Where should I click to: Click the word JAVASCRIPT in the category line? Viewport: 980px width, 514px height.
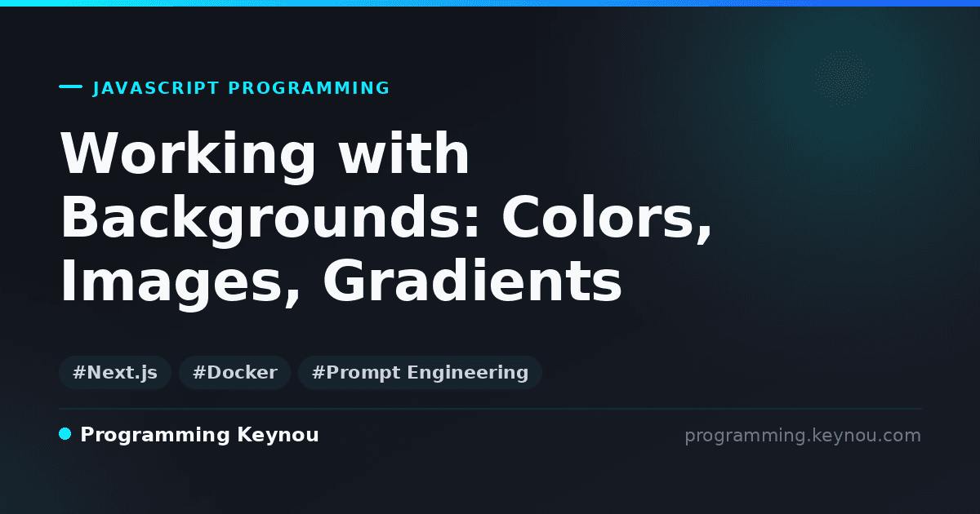[x=156, y=88]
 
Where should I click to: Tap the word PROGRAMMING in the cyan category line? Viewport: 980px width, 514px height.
[x=309, y=88]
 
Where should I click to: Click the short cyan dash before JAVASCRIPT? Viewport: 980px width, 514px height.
[x=70, y=86]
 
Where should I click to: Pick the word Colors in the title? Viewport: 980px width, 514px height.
[x=599, y=218]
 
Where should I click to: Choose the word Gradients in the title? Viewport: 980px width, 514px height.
[x=473, y=281]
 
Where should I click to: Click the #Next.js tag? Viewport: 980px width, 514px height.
[x=115, y=372]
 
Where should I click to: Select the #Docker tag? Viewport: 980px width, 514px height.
[x=235, y=372]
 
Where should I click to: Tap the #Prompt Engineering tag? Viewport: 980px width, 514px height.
[x=420, y=372]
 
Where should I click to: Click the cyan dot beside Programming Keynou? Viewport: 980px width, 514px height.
[x=65, y=434]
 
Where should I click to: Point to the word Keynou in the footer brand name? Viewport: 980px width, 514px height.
[x=278, y=435]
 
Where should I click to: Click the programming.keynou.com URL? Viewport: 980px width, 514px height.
[x=803, y=436]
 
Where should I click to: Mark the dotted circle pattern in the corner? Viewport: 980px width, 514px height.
[x=843, y=78]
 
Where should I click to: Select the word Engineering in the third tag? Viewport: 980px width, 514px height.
[x=468, y=373]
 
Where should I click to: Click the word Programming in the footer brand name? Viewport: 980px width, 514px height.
[x=155, y=436]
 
